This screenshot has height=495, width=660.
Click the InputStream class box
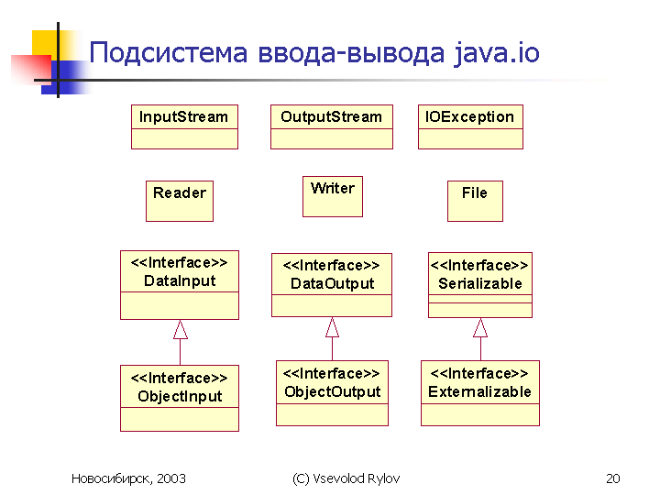(184, 126)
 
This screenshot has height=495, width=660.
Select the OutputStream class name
(331, 116)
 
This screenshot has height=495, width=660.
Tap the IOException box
(470, 126)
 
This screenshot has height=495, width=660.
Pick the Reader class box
(180, 201)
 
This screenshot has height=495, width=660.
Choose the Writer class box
(333, 196)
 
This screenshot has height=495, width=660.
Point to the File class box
(475, 201)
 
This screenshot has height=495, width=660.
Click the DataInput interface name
(180, 280)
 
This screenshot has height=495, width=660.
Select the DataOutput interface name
(332, 283)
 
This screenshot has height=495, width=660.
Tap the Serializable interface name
(480, 283)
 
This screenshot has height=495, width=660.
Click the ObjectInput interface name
(180, 396)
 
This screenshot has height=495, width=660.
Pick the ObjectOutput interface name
(332, 392)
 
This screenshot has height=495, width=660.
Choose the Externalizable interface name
(479, 392)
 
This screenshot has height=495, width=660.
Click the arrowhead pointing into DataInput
(181, 329)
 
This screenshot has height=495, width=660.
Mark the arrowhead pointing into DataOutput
(332, 327)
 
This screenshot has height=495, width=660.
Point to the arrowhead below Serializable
(480, 327)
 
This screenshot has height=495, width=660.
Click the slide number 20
(613, 478)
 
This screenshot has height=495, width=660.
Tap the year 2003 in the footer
(171, 478)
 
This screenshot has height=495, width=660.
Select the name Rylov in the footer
(383, 479)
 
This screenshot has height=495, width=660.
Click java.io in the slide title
(497, 53)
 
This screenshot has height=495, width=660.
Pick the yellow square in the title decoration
(45, 44)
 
